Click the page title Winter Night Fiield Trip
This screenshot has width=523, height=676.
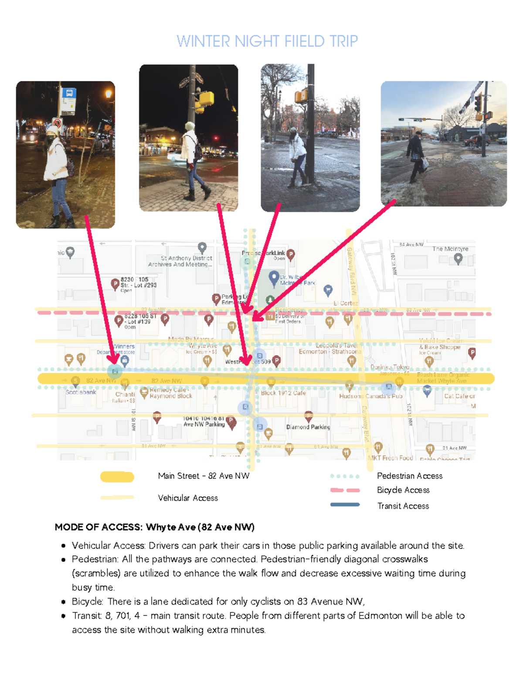point(267,41)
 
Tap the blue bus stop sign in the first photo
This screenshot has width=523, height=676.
point(69,93)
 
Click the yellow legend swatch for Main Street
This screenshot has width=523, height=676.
point(117,477)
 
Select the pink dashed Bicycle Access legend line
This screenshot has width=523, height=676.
point(345,490)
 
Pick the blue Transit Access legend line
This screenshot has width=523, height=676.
point(345,505)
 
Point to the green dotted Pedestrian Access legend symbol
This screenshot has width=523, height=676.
point(345,476)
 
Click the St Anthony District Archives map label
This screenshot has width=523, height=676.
point(180,261)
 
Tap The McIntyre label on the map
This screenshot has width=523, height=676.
point(450,249)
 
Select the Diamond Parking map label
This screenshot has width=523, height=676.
point(308,427)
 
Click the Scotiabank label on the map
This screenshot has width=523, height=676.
point(81,392)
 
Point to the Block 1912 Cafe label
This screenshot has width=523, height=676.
point(283,393)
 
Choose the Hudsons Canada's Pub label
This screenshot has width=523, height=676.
point(370,396)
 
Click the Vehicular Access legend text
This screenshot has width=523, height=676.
point(188,498)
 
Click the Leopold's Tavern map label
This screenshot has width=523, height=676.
point(336,346)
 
